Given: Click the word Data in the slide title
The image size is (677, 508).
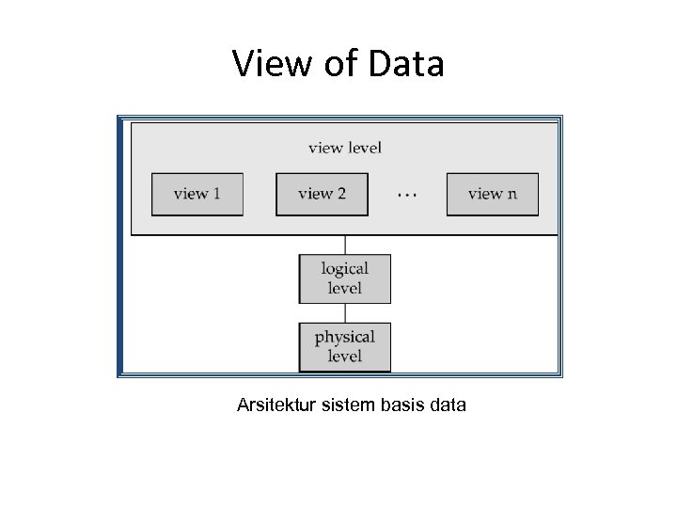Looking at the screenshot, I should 405,64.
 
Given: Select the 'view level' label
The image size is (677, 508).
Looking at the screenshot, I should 344,148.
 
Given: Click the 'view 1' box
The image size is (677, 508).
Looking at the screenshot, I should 197,194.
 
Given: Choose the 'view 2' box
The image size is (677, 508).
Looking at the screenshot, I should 322,194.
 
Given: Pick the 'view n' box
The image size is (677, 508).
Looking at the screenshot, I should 493,194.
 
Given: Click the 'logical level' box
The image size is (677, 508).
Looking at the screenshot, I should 344,278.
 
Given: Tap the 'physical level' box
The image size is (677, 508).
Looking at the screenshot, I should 344,346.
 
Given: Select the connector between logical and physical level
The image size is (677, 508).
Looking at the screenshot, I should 344,313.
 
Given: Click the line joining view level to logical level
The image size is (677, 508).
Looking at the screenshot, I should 344,245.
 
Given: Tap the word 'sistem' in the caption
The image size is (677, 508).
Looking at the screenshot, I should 350,405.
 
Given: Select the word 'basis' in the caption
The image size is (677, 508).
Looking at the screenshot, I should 404,405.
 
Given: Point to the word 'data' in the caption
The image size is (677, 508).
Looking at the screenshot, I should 449,405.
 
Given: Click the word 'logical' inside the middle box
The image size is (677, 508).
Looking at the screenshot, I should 344,269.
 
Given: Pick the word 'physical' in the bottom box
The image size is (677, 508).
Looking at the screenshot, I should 344,337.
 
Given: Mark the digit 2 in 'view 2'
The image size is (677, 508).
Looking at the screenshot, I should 340,194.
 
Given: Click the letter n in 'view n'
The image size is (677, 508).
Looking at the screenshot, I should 512,195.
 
